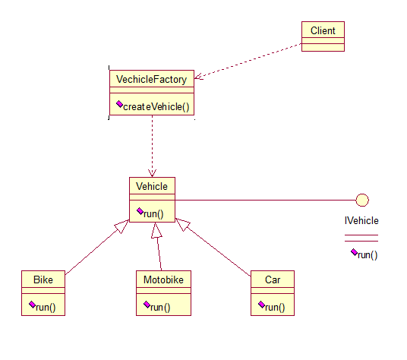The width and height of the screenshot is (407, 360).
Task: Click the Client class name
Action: [x=323, y=30]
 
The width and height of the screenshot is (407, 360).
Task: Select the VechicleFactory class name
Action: [x=152, y=78]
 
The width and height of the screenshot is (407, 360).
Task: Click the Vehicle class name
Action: [x=152, y=186]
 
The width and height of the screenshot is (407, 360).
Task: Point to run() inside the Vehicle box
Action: [x=154, y=213]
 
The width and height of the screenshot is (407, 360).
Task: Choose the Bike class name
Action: [x=43, y=279]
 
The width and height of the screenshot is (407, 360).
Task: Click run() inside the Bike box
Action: [x=46, y=307]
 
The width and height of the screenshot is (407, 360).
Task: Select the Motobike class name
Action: [x=163, y=279]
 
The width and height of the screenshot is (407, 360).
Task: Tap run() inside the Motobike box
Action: [x=159, y=307]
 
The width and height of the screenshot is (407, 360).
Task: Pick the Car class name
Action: [x=273, y=279]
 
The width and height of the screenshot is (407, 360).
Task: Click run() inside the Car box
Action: [x=275, y=307]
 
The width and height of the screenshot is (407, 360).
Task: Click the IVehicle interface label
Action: [x=361, y=221]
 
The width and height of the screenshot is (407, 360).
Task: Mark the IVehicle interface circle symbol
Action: [x=362, y=201]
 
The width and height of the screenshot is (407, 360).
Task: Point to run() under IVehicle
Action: [x=368, y=254]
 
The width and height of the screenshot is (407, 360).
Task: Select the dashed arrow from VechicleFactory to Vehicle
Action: [x=152, y=144]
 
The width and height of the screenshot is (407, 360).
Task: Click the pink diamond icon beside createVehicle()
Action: [x=119, y=105]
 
